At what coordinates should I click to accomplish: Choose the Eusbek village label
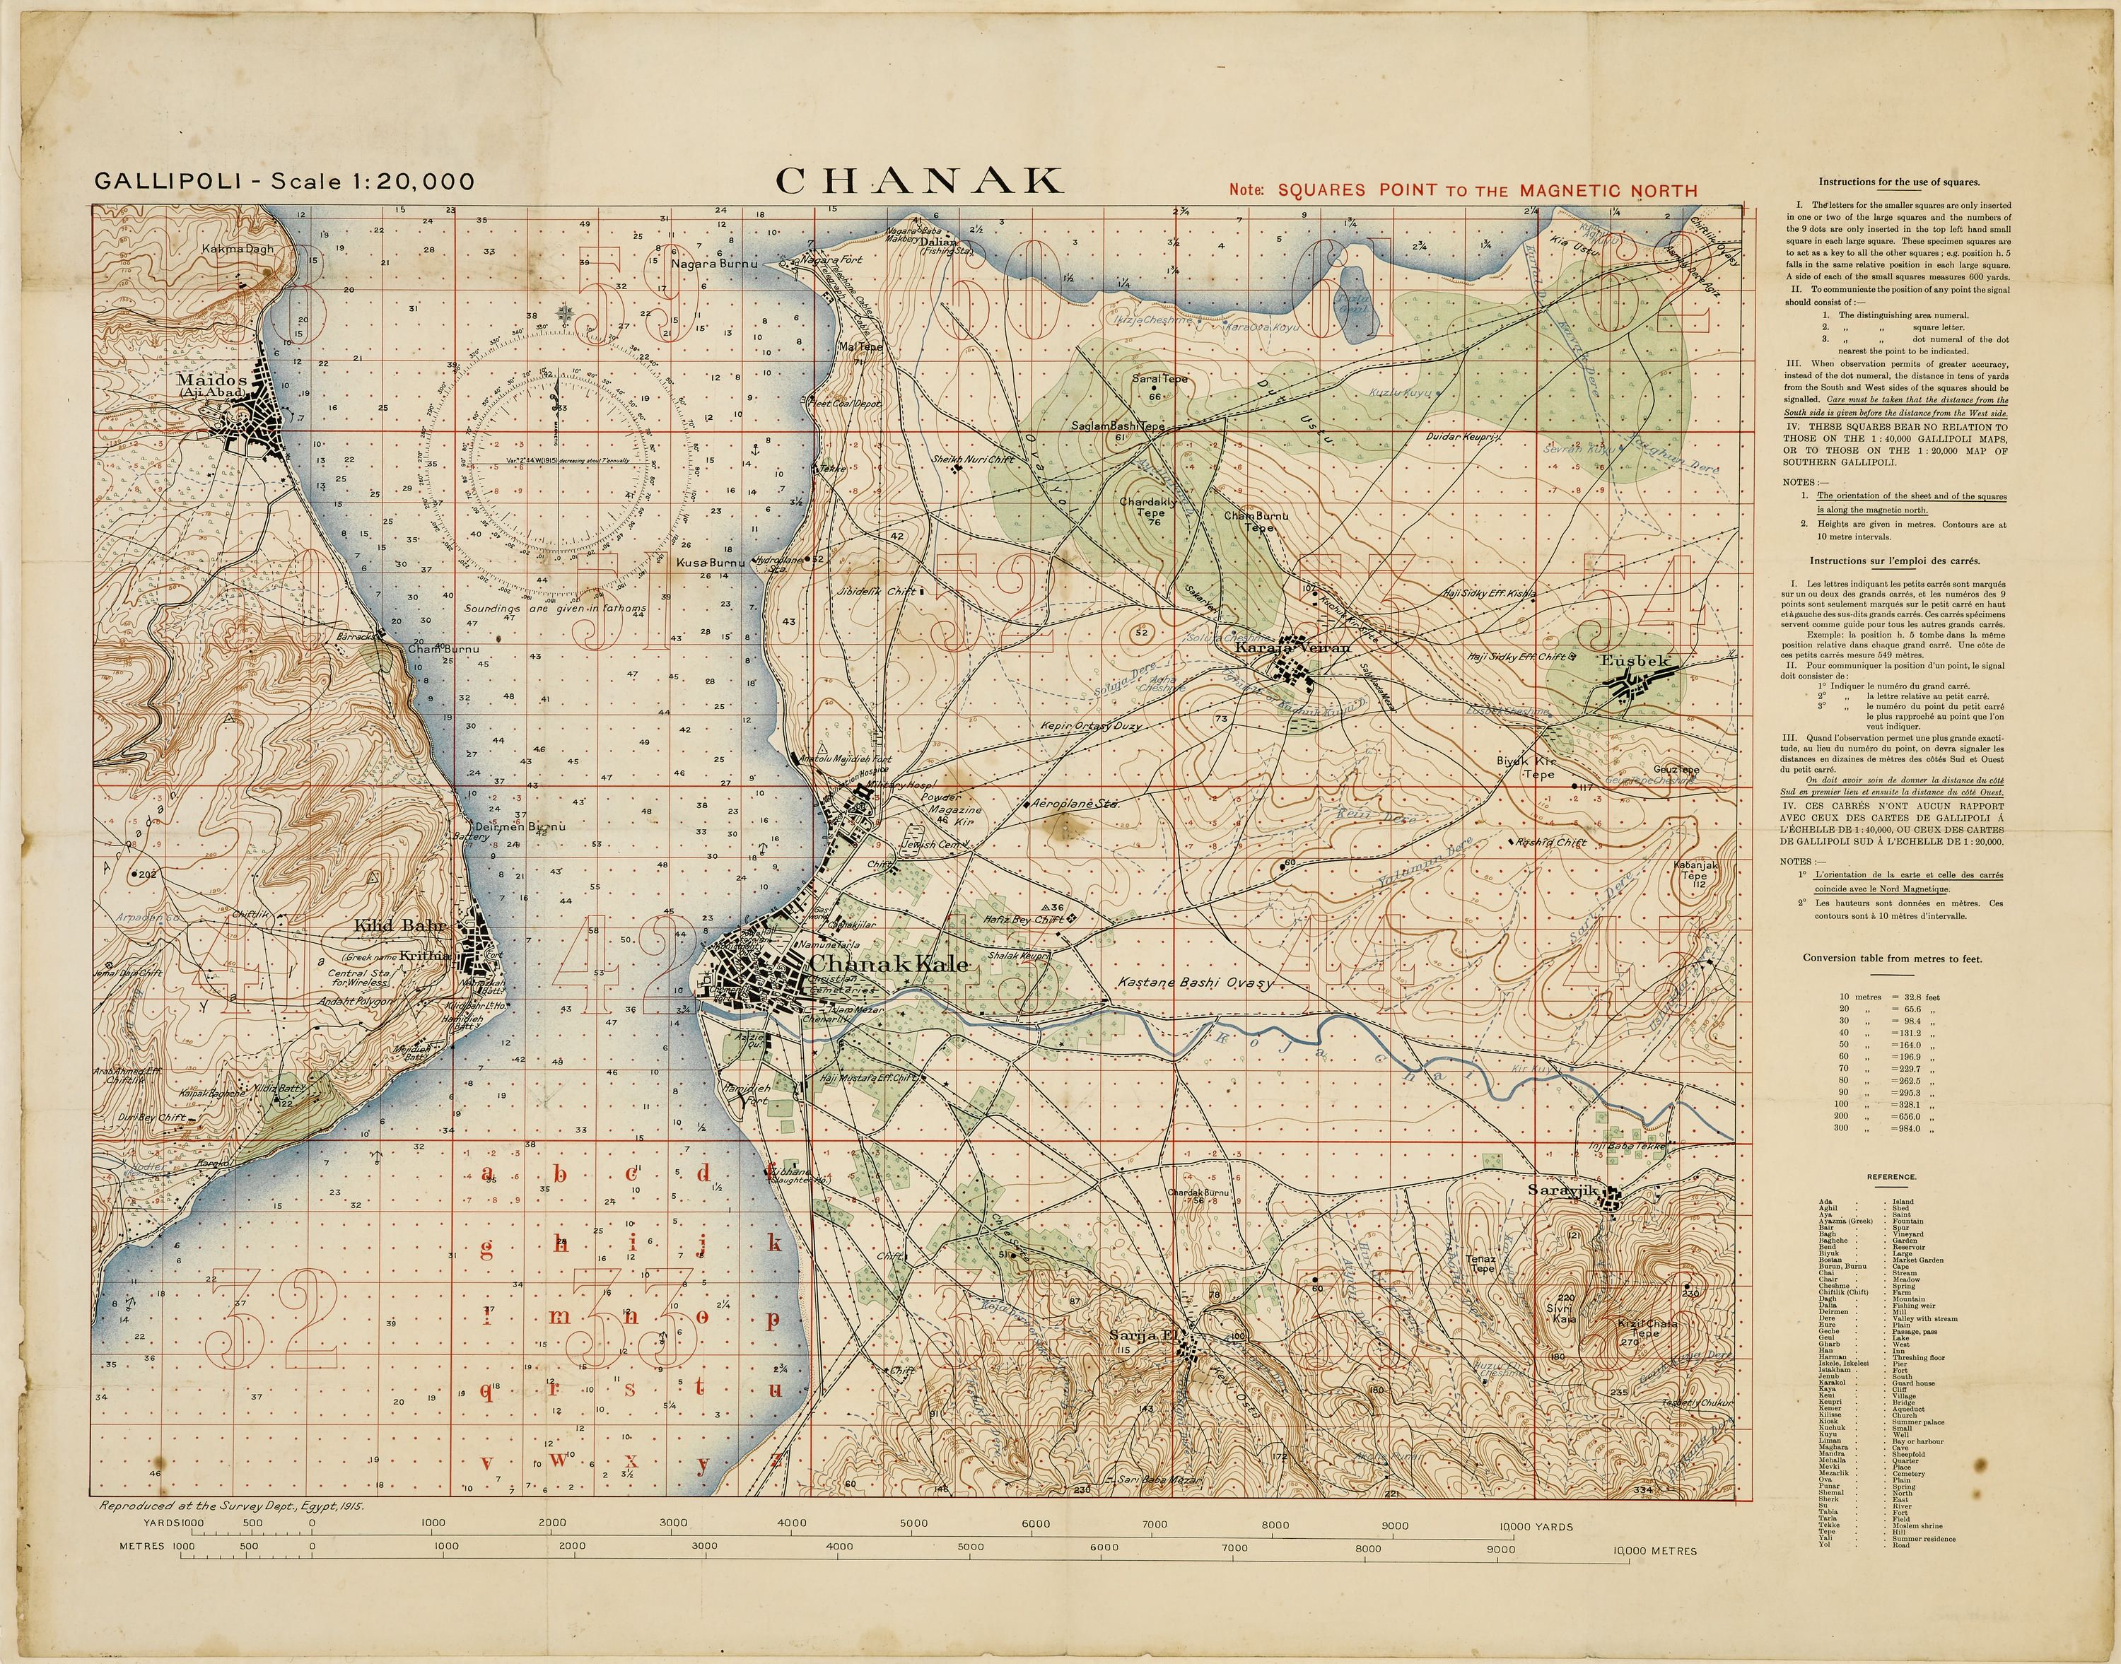click(1634, 660)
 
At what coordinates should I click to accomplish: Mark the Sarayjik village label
click(1565, 1190)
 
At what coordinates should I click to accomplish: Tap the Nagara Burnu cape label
click(713, 263)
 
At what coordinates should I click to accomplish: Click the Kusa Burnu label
click(711, 563)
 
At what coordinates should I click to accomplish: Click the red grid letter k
click(775, 1244)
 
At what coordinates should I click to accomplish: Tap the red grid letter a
click(488, 1174)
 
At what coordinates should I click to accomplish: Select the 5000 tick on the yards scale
click(913, 1524)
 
